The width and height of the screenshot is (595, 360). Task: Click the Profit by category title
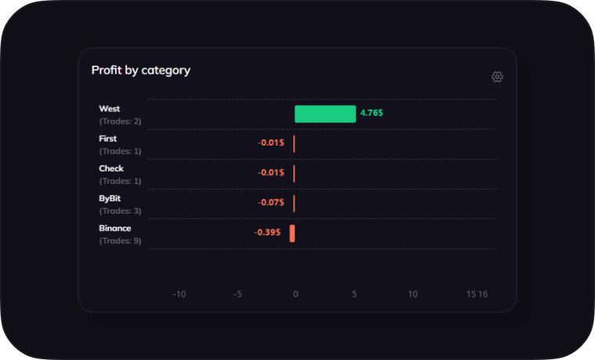coord(141,70)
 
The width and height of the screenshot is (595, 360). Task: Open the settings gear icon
coord(497,77)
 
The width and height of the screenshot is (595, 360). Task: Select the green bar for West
coord(325,114)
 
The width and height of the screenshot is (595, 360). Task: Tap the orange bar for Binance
coord(292,233)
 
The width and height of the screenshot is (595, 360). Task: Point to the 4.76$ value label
coord(372,113)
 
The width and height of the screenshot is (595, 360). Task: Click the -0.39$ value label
coord(268,232)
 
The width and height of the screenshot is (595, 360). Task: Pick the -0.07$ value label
coord(271,203)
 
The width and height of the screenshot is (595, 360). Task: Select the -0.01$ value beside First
coord(271,142)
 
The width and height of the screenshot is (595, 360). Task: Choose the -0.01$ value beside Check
coord(271,173)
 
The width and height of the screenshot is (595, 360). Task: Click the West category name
coord(110,109)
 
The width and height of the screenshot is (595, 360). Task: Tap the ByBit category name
coord(110,199)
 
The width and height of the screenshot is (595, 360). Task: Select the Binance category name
coord(115,229)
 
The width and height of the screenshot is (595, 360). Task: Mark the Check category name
coord(111,168)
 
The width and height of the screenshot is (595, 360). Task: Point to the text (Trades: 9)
coord(121,241)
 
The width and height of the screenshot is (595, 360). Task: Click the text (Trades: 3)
coord(121,211)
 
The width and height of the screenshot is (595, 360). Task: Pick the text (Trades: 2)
coord(121,121)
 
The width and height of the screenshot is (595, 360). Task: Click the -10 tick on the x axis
coord(179,294)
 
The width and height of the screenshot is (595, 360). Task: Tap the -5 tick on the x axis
coord(237,294)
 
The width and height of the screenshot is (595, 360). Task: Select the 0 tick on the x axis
coord(295,294)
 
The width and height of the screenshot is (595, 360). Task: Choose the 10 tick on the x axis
coord(413,294)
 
